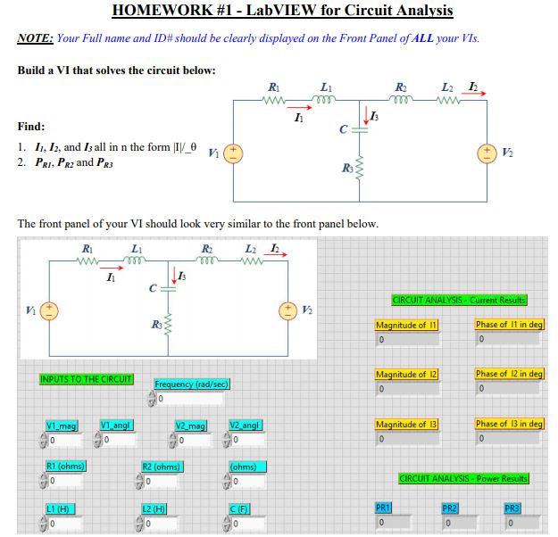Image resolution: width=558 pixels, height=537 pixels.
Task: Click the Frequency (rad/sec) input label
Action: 193,384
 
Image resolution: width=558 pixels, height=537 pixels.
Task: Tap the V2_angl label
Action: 245,425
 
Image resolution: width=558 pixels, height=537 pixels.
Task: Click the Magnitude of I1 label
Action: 407,326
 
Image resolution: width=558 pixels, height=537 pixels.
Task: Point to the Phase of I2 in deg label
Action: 509,374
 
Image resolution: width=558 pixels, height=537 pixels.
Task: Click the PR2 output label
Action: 450,508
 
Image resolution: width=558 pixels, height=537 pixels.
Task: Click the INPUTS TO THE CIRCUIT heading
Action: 87,379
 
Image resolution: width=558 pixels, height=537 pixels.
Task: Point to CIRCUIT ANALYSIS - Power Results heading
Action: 463,479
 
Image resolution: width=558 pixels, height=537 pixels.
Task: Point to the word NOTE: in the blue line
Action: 35,39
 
